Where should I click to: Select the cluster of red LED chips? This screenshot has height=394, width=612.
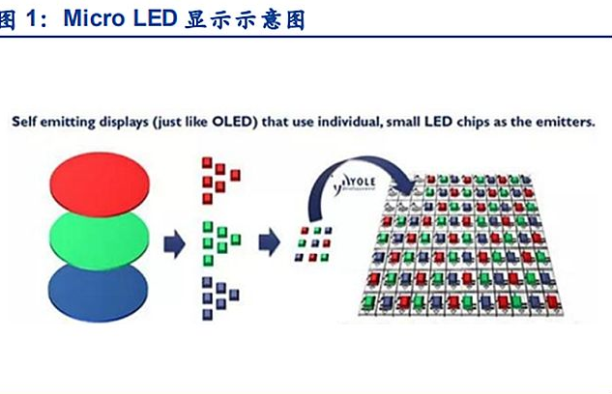pyautogui.click(x=219, y=179)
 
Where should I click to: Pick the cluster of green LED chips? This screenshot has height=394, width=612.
pyautogui.click(x=219, y=237)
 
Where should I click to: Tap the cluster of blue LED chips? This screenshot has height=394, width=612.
pyautogui.click(x=219, y=295)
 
